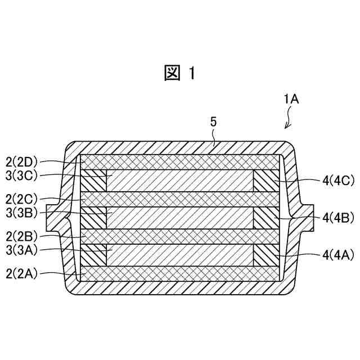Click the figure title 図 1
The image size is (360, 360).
(180, 73)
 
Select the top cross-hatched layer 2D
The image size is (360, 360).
(180, 161)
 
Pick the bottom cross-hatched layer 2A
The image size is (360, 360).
(180, 273)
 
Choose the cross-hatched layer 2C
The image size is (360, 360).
(180, 199)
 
